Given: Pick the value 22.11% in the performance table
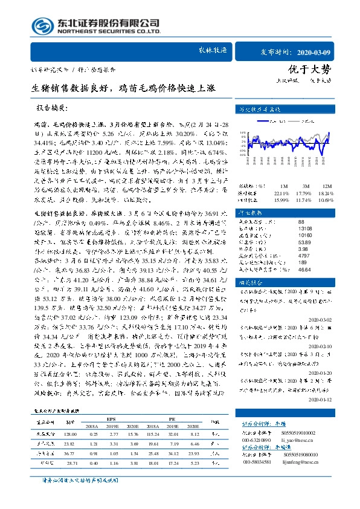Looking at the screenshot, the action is click(283, 193).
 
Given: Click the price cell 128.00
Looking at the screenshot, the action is click(69, 434).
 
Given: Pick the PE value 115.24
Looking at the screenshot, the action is click(152, 434).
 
